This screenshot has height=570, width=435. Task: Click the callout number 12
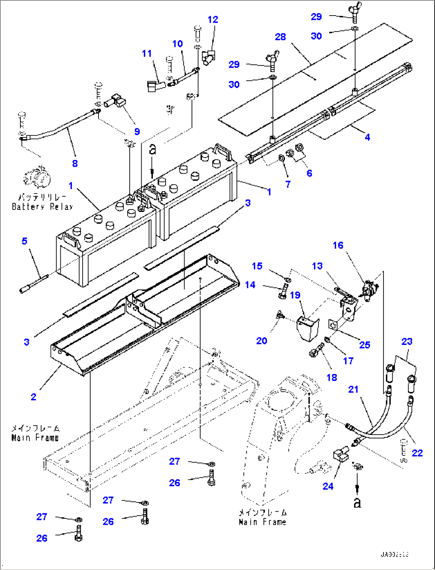[213, 20]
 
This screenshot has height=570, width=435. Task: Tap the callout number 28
[281, 37]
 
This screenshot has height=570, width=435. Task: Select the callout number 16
[338, 245]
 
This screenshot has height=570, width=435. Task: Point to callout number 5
[25, 241]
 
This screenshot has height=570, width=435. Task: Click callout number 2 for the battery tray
[34, 397]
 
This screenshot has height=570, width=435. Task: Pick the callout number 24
[328, 486]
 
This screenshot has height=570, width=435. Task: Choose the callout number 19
[295, 295]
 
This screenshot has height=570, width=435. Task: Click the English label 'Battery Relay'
[42, 207]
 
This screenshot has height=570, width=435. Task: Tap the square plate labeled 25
[333, 325]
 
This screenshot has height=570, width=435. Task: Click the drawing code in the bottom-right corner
[394, 554]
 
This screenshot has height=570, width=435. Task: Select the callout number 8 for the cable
[75, 163]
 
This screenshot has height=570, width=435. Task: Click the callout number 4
[367, 137]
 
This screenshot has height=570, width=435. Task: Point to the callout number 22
[417, 453]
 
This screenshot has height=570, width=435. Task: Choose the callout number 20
[261, 341]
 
